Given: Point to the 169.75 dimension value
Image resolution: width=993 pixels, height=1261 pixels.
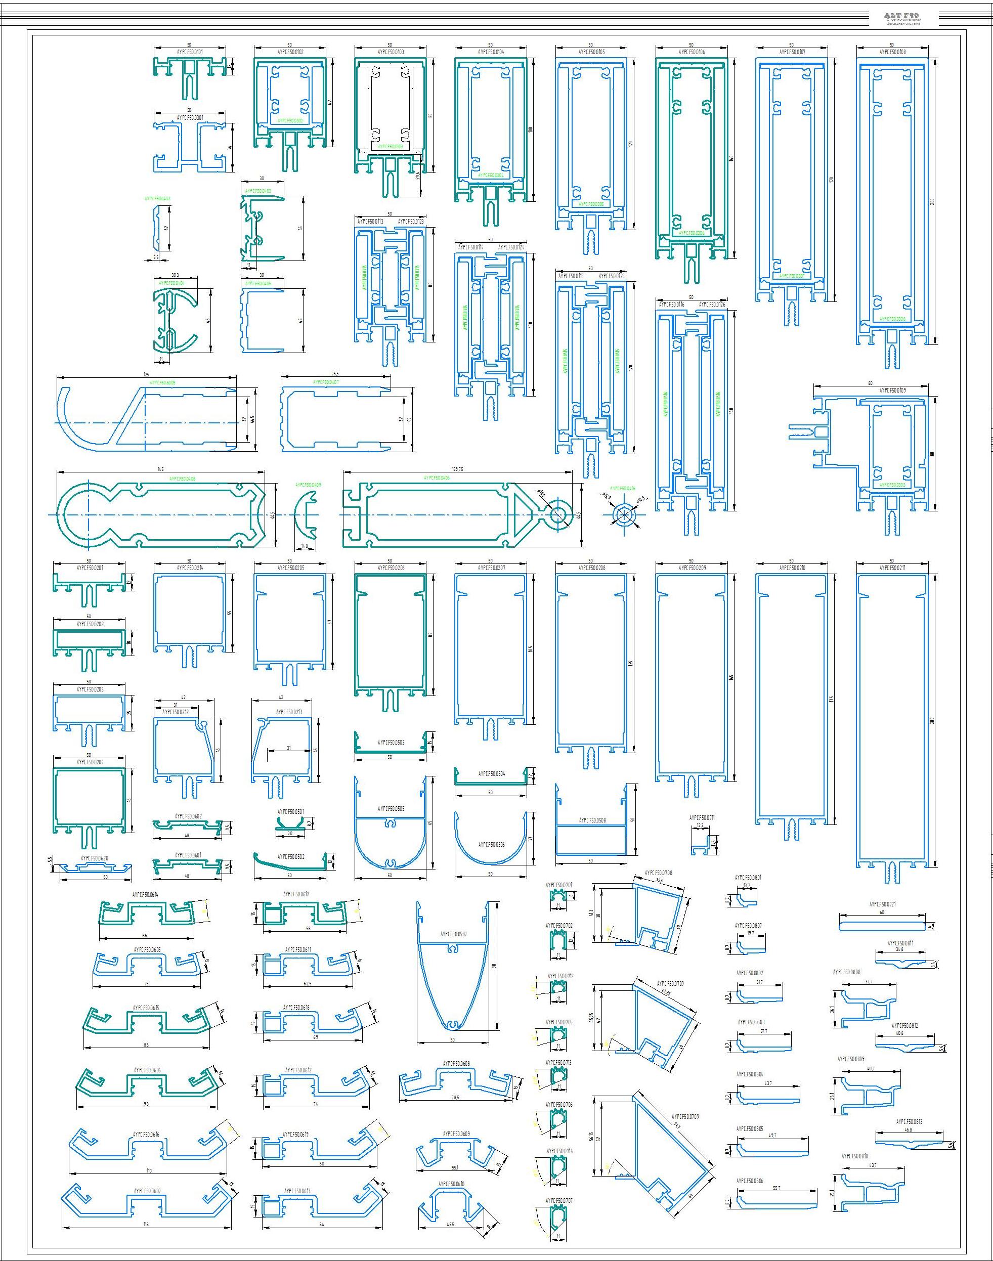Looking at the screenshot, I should tap(457, 468).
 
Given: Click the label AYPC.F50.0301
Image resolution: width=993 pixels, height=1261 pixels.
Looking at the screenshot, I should tap(190, 117).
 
